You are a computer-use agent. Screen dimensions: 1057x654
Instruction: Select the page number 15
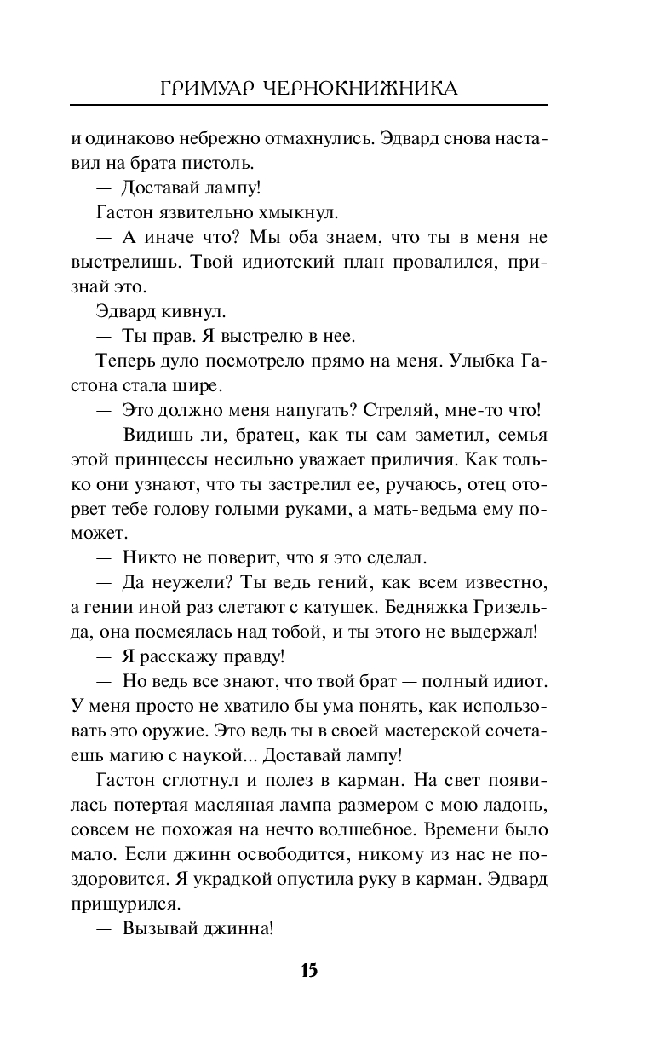(308, 971)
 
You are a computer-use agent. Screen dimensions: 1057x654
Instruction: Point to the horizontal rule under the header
(308, 105)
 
